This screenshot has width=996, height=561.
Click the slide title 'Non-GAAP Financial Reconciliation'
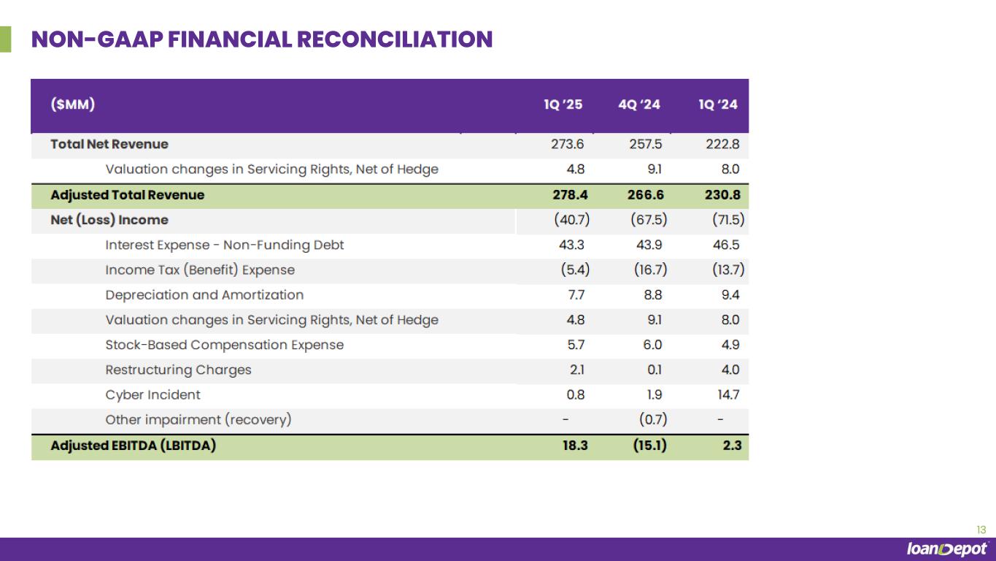(262, 39)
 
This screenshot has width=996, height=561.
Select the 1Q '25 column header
(563, 104)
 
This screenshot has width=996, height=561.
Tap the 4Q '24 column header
(639, 104)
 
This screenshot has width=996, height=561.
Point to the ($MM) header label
(73, 104)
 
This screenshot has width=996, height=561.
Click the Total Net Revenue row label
(109, 144)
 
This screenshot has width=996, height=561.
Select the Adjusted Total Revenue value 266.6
(644, 195)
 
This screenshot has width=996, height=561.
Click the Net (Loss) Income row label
(109, 220)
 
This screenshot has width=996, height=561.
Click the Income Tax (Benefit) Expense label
(200, 270)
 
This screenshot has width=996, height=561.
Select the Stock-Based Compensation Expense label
(224, 345)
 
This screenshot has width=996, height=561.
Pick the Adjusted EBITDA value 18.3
(571, 445)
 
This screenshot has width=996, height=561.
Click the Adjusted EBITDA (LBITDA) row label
(133, 445)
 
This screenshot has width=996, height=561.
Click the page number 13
(981, 530)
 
